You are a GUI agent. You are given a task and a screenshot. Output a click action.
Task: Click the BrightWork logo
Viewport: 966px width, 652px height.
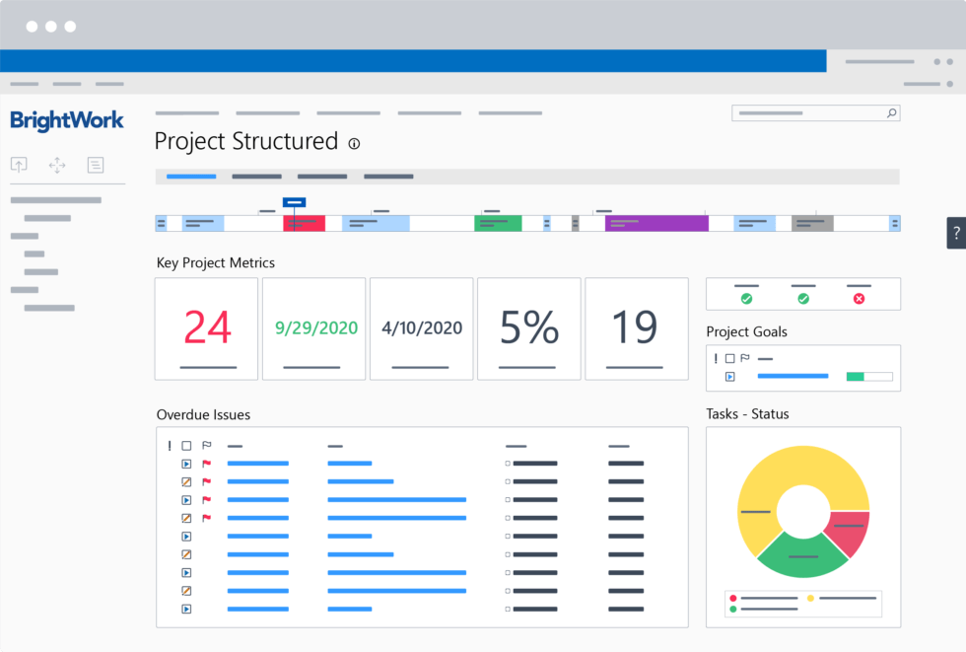(x=67, y=120)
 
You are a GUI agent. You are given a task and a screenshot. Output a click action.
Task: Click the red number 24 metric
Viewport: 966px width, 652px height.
(x=207, y=327)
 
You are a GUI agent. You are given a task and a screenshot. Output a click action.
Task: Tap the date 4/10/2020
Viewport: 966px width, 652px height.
(x=422, y=327)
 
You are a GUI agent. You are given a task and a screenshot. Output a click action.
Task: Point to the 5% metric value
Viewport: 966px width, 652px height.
(x=529, y=327)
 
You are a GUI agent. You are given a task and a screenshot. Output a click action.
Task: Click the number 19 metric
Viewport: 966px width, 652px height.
(x=636, y=327)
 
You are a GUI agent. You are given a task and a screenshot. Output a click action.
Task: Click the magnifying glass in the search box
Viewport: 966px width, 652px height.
(x=891, y=113)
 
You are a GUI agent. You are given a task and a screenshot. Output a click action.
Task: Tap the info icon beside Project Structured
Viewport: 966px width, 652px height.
(x=355, y=144)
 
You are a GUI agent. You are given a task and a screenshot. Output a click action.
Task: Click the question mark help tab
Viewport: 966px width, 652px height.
(x=955, y=233)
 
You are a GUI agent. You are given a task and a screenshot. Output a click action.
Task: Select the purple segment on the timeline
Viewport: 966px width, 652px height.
(x=656, y=223)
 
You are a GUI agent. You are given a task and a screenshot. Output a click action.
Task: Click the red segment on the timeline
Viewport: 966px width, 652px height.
(x=305, y=223)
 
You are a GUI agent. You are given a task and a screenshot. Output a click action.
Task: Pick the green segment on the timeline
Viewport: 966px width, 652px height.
(x=498, y=223)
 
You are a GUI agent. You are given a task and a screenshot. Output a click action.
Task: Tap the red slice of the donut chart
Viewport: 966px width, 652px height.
(x=849, y=533)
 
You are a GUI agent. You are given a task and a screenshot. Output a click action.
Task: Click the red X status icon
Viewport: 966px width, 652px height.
(x=859, y=298)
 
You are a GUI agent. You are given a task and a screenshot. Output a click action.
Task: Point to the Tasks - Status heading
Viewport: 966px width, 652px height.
(x=747, y=414)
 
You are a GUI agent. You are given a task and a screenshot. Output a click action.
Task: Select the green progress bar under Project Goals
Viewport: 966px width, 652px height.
(x=855, y=376)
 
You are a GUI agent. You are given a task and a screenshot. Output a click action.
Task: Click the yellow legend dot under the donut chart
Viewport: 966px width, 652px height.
(x=811, y=598)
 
